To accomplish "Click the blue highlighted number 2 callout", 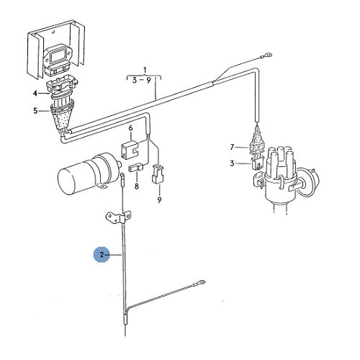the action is point(102,255).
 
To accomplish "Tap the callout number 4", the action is point(35,93).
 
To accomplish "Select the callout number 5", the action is point(35,111).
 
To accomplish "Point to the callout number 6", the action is point(130,128).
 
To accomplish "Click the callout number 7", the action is point(232,147).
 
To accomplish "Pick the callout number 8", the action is point(137,186).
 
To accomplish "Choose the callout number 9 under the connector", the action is point(160,200).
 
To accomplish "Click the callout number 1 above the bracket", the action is point(145,70).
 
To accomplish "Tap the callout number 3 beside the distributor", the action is point(232,163).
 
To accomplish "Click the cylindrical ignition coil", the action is point(89,172).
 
